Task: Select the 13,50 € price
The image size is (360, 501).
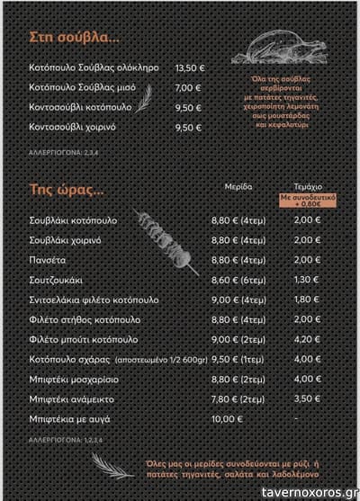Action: (x=189, y=67)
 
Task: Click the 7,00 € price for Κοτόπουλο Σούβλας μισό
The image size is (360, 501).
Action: (x=188, y=87)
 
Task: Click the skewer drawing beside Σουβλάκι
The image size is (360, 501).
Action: (x=166, y=237)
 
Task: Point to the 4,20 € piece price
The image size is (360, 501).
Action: (x=306, y=339)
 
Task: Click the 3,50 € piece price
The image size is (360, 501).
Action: (x=306, y=398)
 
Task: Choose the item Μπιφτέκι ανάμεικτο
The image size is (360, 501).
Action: (x=71, y=398)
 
